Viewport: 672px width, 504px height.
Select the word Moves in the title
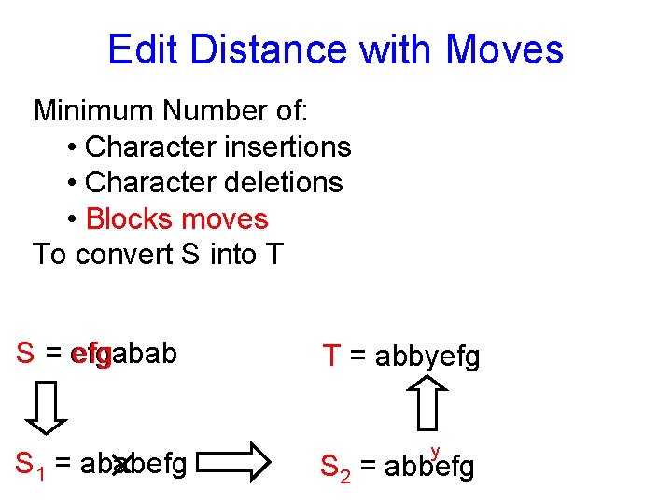(x=505, y=49)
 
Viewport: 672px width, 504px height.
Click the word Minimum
(x=93, y=111)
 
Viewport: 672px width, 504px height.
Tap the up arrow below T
(x=430, y=406)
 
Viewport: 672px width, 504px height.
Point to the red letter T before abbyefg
(x=331, y=356)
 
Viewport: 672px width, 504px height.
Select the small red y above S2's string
(x=435, y=452)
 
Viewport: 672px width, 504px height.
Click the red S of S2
(x=329, y=465)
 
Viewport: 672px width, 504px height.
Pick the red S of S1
(x=26, y=462)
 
